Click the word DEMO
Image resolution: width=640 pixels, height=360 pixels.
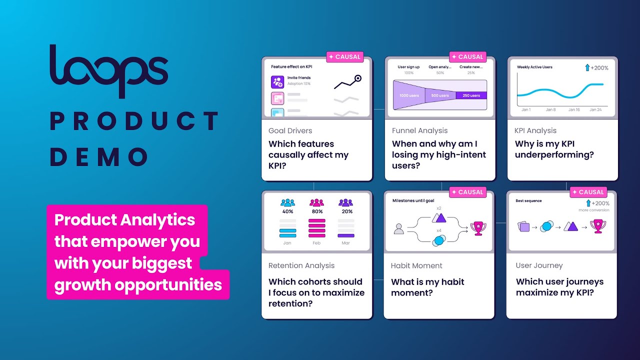click(99, 157)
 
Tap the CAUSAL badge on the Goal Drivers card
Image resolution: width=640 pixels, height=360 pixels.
click(345, 57)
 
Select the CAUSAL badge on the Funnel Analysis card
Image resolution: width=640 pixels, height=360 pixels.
click(467, 57)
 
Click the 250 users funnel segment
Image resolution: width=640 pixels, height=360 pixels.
click(471, 95)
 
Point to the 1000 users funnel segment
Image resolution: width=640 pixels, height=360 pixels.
click(409, 95)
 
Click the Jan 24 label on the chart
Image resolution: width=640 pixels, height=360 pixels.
click(595, 109)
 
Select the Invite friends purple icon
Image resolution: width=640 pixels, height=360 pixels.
click(277, 82)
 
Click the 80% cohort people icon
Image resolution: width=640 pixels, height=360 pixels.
click(317, 203)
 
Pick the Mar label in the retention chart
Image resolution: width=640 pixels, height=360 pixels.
click(346, 243)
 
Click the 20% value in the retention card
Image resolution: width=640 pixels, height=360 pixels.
click(346, 211)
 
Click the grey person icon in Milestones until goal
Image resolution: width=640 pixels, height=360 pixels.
click(398, 228)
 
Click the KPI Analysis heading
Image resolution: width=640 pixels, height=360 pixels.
click(535, 130)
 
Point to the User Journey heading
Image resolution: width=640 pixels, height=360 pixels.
click(539, 265)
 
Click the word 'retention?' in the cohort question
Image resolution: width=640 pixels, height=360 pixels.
click(292, 303)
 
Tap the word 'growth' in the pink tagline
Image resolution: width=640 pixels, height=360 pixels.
click(83, 284)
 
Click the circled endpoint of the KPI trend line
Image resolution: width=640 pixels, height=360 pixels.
click(357, 78)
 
